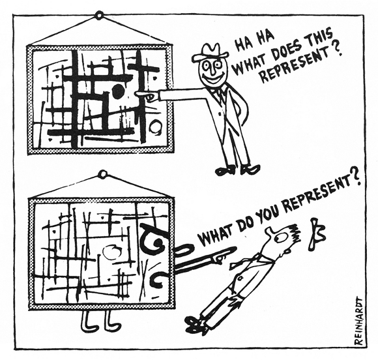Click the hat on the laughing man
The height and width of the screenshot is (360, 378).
[x=211, y=52]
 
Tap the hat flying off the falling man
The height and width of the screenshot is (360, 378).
[x=316, y=233]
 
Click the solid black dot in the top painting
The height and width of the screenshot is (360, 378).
[x=118, y=91]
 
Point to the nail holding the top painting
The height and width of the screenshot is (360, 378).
[x=98, y=16]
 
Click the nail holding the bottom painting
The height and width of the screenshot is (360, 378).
[x=103, y=173]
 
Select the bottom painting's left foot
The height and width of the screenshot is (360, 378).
[x=88, y=320]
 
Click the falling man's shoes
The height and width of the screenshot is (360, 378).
[x=196, y=323]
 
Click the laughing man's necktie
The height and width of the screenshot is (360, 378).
[x=220, y=94]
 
